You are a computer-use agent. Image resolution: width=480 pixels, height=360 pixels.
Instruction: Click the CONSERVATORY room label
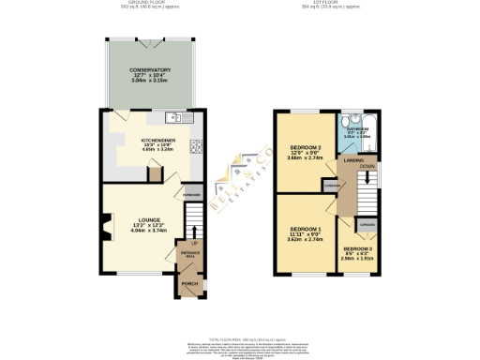150,69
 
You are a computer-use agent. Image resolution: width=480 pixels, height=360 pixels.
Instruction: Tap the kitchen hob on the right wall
197,145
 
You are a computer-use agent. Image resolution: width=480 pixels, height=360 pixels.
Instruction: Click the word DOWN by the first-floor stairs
367,166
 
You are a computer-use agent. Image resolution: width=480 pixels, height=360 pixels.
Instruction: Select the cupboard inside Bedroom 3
367,225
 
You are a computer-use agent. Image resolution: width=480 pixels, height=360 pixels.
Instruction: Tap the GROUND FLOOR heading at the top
149,3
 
